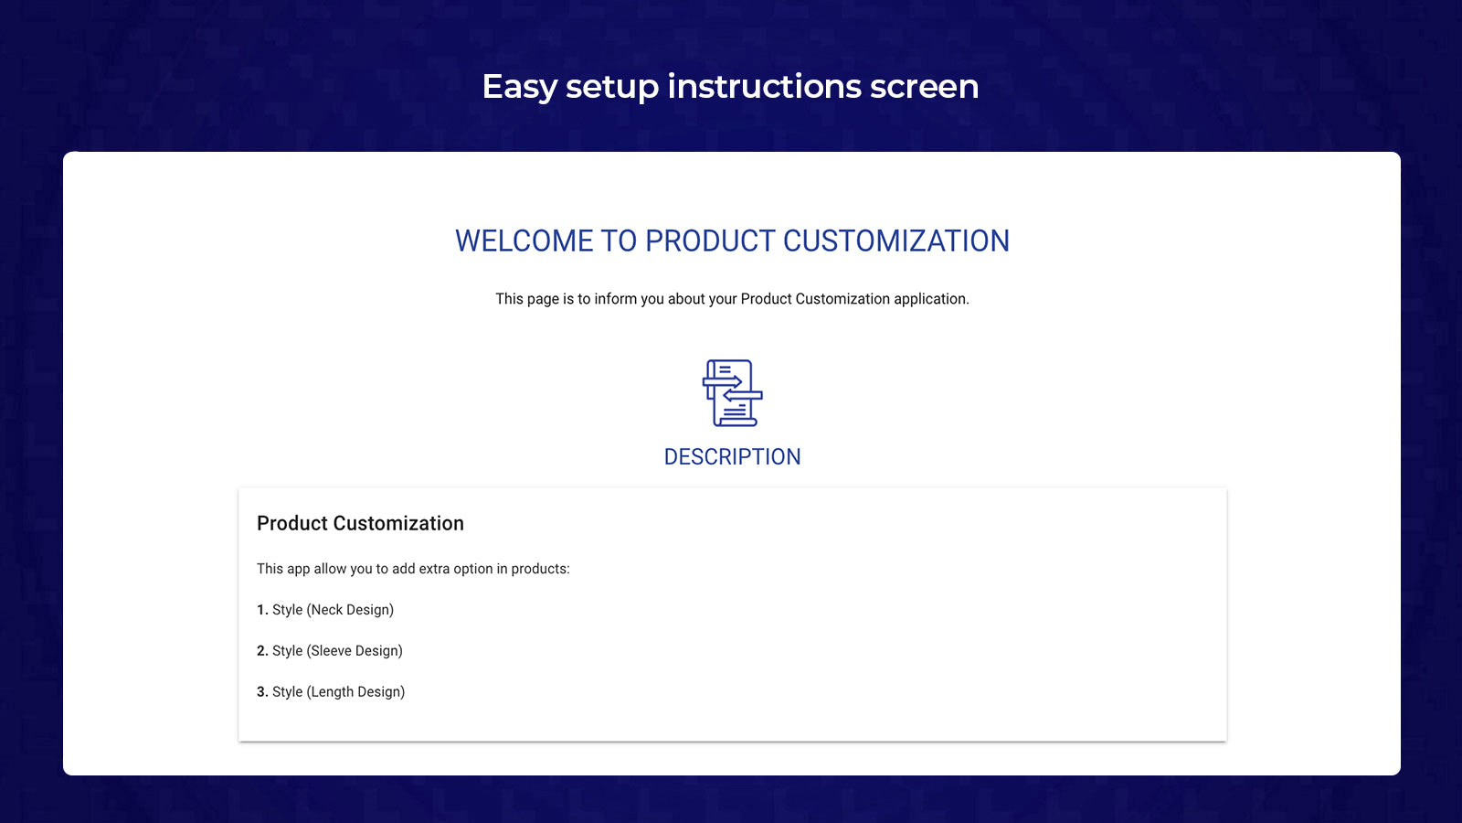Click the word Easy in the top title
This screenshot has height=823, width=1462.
pos(520,88)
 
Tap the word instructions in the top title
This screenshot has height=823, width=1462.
pos(764,86)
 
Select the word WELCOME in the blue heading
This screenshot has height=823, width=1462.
pos(523,241)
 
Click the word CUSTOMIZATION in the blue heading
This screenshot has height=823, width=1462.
pos(896,241)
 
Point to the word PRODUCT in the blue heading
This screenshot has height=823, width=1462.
pos(709,241)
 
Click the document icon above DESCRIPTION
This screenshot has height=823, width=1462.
pos(732,393)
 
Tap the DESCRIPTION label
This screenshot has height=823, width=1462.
pos(732,456)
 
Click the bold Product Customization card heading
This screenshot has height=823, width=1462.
pos(360,523)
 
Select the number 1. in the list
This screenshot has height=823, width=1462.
pos(262,609)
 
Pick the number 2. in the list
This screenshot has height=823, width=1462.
pos(262,650)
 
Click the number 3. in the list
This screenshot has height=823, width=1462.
pos(262,691)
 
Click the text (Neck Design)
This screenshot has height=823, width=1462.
pos(350,610)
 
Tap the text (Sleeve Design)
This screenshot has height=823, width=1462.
pos(355,651)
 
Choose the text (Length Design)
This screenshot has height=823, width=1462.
pos(355,692)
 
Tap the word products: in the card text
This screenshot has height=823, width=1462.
pos(540,570)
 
